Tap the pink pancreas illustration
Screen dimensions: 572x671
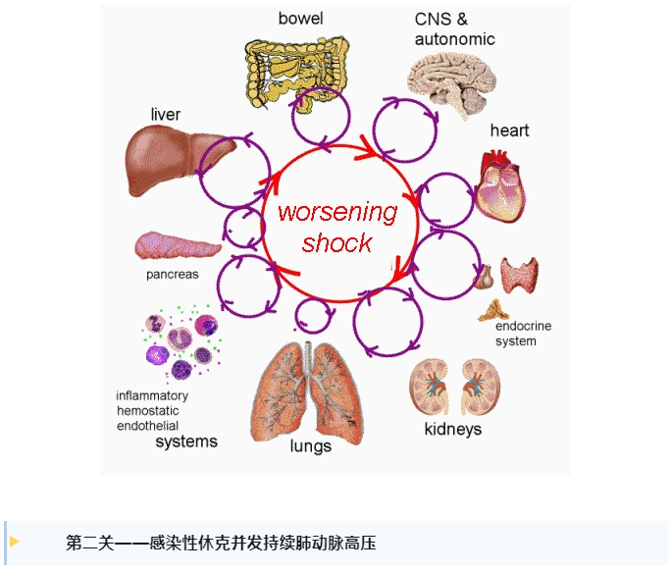(177, 244)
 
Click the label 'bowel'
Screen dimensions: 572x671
(300, 18)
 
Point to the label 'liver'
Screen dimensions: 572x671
(166, 115)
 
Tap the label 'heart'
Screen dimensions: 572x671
(510, 130)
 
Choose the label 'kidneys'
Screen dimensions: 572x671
(452, 429)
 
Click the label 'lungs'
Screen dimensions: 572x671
(310, 445)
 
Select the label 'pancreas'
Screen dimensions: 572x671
(173, 275)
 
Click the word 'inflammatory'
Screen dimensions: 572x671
(152, 396)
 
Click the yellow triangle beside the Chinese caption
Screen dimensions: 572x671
(15, 542)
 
